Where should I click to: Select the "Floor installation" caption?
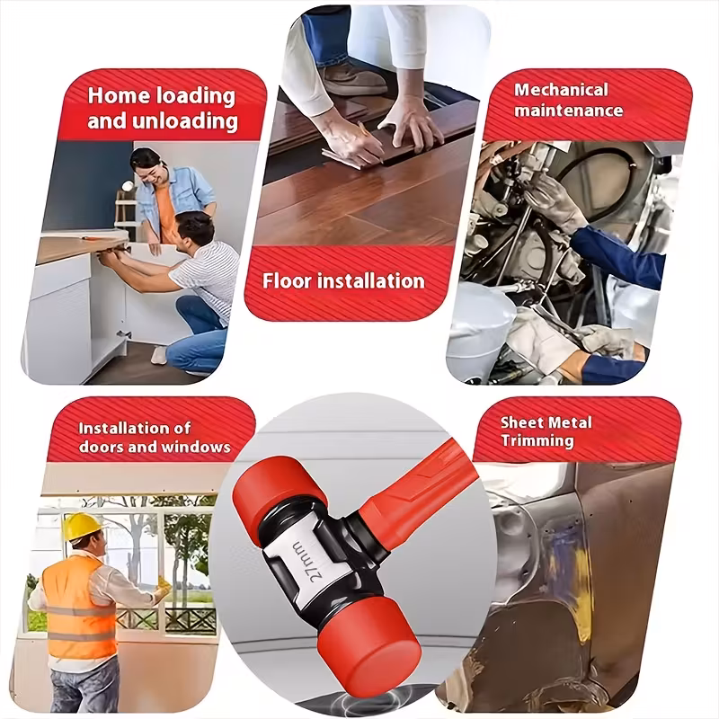pyautogui.click(x=343, y=280)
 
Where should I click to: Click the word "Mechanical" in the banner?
pyautogui.click(x=561, y=90)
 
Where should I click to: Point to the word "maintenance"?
pyautogui.click(x=568, y=111)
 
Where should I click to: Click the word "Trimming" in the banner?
pyautogui.click(x=537, y=440)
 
